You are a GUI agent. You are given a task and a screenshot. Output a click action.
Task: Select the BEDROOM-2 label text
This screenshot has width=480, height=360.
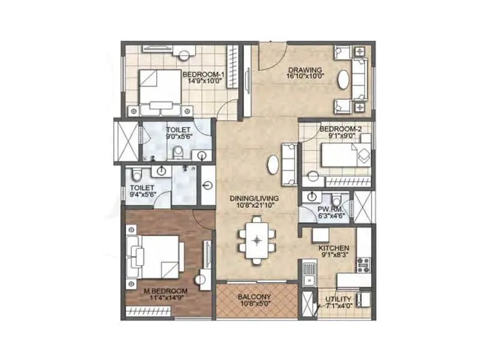tap(337, 129)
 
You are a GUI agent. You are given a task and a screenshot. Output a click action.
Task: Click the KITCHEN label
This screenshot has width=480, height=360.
tap(334, 248)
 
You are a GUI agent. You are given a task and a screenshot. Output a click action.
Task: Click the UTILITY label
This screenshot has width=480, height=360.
tap(338, 298)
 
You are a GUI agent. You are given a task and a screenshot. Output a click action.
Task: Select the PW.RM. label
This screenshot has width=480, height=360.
tap(330, 209)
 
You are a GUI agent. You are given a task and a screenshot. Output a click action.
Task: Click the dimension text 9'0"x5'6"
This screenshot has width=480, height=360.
tap(178, 137)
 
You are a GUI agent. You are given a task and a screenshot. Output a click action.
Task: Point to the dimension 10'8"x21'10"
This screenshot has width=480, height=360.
tap(256, 205)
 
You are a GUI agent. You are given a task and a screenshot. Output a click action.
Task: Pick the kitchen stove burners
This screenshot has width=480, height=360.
tap(364, 262)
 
